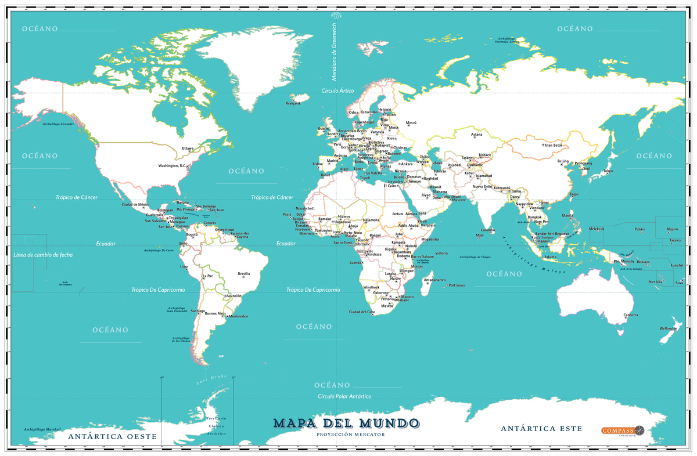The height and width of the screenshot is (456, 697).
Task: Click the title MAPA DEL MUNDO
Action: (345, 422)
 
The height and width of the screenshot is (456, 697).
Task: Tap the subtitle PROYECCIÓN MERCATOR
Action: (345, 434)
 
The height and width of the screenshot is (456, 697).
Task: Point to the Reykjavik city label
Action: (293, 103)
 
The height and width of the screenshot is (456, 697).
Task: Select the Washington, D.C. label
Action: (173, 166)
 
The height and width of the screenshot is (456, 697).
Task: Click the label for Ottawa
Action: (188, 148)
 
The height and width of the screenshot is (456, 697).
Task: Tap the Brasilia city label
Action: (244, 273)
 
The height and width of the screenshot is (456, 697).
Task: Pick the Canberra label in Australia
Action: (631, 315)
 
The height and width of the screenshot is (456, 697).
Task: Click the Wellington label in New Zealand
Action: (668, 329)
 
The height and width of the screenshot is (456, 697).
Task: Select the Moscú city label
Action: (411, 123)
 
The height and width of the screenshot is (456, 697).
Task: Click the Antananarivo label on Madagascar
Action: (434, 280)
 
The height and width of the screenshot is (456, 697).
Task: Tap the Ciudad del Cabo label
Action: (361, 312)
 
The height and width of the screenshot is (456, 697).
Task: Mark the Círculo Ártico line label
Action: (337, 91)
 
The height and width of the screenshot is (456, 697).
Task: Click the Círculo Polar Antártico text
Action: (344, 396)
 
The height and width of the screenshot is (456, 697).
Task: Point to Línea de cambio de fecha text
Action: (43, 255)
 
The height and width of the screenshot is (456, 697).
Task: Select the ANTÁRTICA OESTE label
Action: (112, 436)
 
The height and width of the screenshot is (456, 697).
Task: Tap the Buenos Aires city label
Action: (215, 313)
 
